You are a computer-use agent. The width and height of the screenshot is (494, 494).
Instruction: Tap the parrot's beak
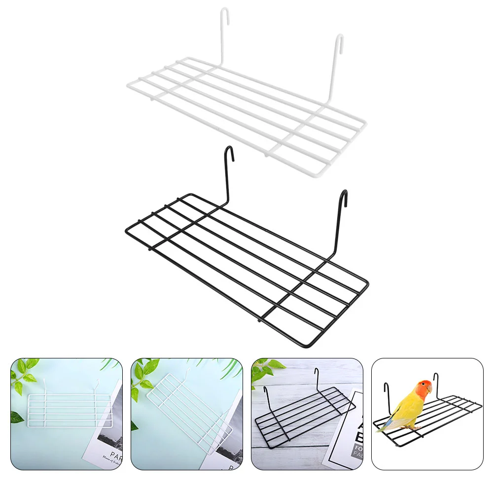click(429, 390)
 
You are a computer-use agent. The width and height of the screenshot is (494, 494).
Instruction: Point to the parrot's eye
click(424, 387)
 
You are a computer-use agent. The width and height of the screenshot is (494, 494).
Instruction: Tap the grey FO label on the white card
click(351, 449)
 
